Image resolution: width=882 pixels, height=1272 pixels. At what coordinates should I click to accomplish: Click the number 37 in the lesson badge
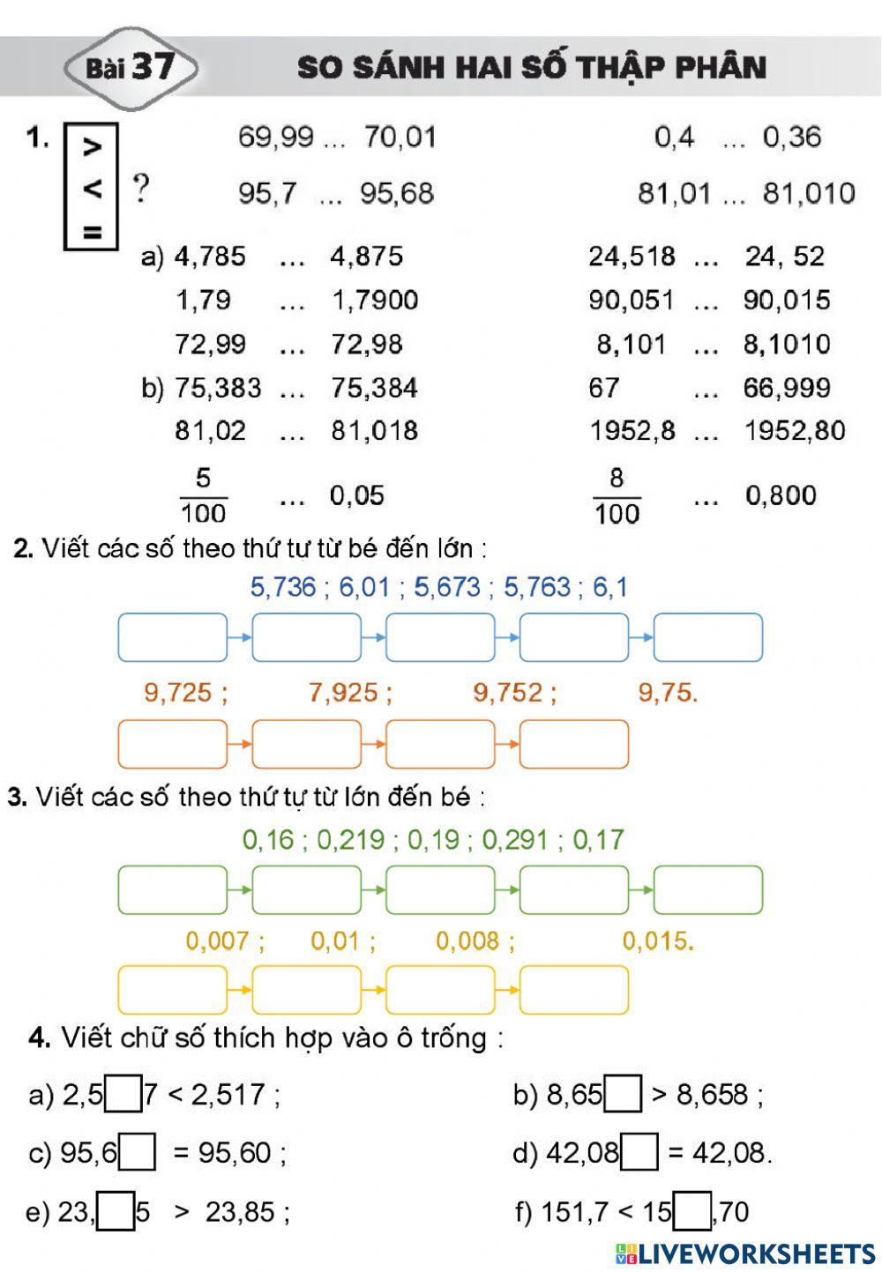153,66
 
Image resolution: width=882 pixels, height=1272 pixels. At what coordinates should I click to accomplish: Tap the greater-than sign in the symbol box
92,147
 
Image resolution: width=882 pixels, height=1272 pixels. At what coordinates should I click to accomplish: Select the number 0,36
791,138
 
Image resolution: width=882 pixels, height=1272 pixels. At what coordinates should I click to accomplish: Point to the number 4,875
366,257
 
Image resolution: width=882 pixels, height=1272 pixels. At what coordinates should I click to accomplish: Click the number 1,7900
375,301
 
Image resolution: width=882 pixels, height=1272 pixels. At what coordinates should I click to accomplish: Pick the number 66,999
787,388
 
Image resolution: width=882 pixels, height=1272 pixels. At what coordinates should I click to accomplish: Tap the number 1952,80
795,431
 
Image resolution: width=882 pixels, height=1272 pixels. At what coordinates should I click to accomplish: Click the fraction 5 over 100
203,495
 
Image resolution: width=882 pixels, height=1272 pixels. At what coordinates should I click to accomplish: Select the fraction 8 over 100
617,495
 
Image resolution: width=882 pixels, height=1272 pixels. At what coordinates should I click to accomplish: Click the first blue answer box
173,637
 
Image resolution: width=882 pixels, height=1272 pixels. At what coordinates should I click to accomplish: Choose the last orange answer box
574,744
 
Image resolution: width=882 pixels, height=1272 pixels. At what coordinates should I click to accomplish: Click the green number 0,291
515,839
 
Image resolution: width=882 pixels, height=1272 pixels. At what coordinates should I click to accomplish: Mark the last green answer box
708,889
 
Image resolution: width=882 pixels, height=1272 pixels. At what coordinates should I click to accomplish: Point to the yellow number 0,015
658,941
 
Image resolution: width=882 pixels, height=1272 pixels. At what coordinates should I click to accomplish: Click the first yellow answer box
173,990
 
